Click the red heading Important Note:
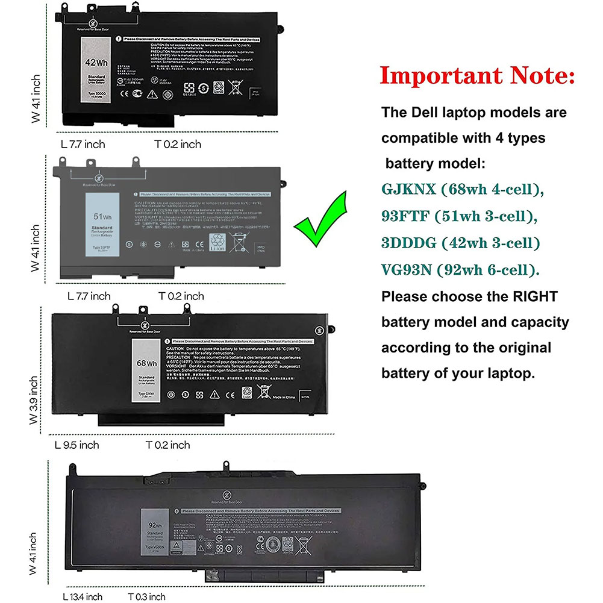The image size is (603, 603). [x=477, y=77]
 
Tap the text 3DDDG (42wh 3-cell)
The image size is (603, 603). [x=460, y=243]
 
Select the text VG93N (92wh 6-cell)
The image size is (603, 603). [x=460, y=269]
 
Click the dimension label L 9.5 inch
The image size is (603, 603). [x=77, y=445]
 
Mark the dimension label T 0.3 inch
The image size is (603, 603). [x=146, y=596]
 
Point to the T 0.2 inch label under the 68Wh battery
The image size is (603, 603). [x=167, y=445]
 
